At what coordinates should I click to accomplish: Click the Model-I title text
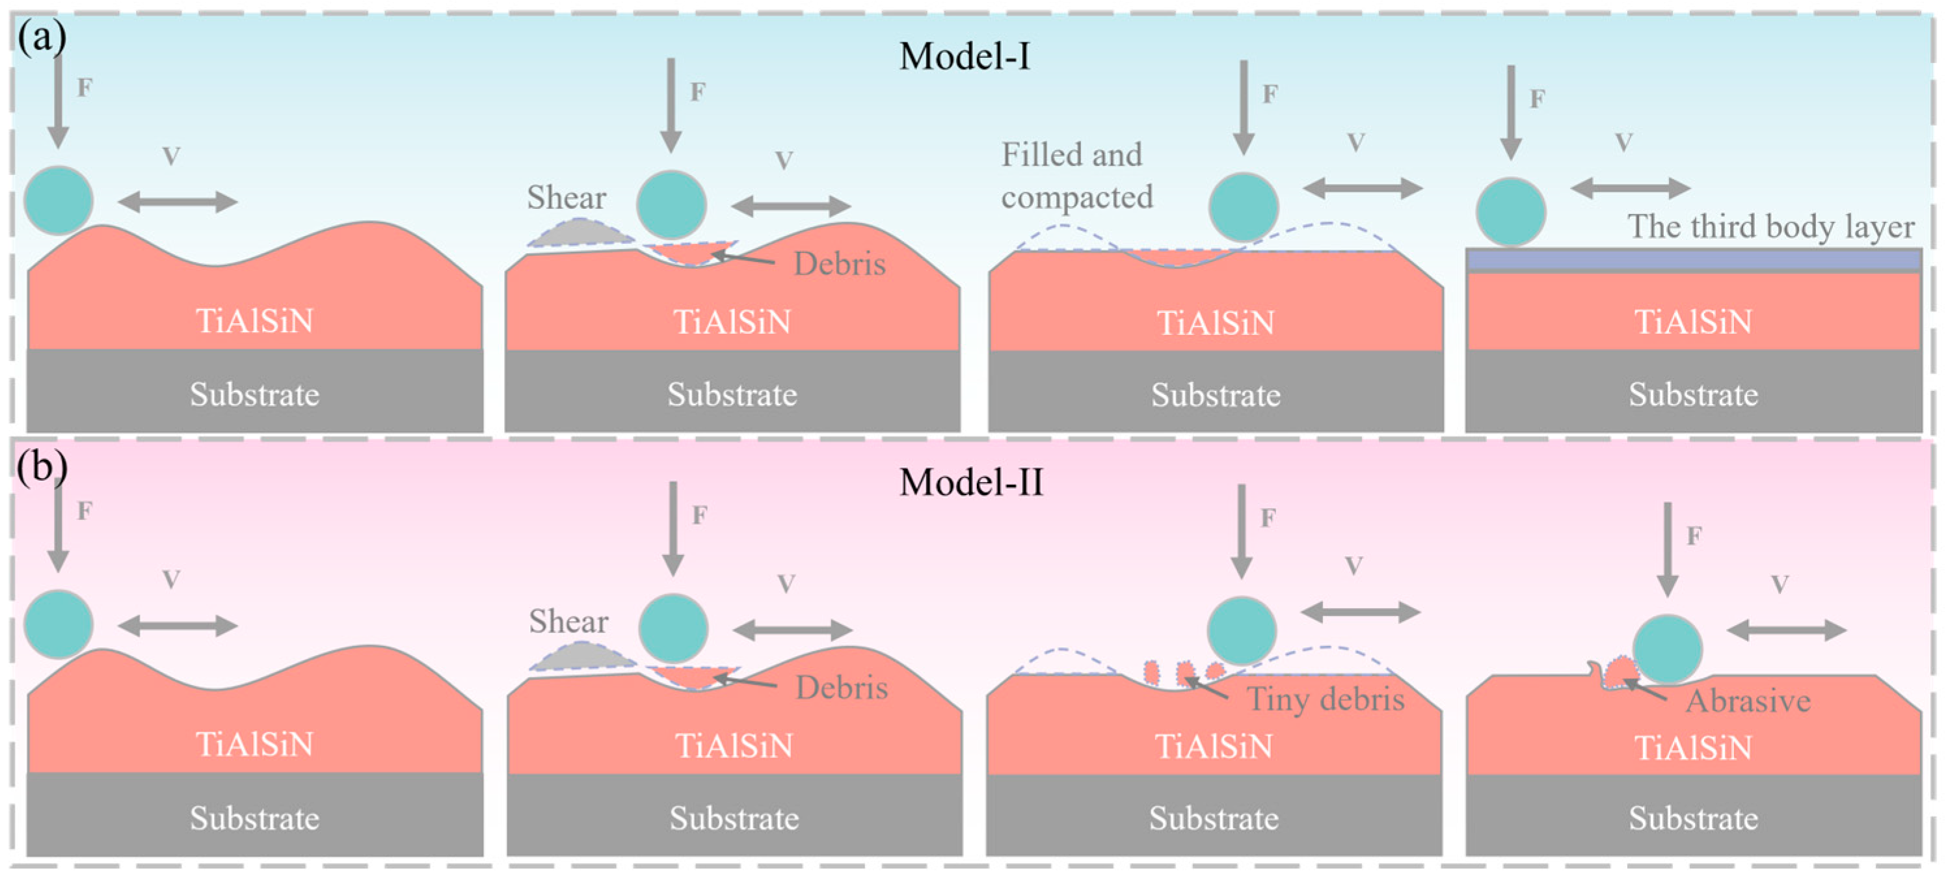point(964,56)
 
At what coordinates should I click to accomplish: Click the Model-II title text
point(971,482)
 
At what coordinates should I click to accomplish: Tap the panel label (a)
point(42,36)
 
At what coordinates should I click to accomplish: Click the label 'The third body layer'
point(1770,226)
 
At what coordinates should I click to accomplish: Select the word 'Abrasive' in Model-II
point(1748,701)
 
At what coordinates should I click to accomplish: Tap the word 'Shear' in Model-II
point(568,621)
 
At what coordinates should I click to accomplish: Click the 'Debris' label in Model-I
point(840,264)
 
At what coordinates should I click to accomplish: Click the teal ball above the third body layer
point(1510,212)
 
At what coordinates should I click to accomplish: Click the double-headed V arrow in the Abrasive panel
point(1786,630)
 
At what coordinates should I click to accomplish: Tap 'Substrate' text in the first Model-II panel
point(254,818)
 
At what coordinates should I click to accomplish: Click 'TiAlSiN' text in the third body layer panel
point(1693,321)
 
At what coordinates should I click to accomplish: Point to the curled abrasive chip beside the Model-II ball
point(1618,674)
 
